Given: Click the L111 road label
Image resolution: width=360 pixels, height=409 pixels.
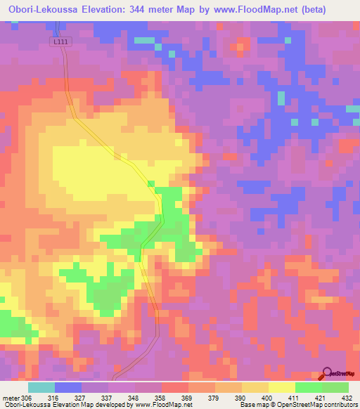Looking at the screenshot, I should [x=62, y=43].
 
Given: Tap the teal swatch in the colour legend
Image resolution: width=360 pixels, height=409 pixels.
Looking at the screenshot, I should [x=41, y=388].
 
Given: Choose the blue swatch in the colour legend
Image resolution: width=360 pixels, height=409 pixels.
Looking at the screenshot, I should [x=67, y=388].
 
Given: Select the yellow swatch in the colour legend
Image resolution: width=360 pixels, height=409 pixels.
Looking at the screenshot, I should [x=281, y=388].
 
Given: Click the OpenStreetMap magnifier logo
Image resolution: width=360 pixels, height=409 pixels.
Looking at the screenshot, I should [x=326, y=372].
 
